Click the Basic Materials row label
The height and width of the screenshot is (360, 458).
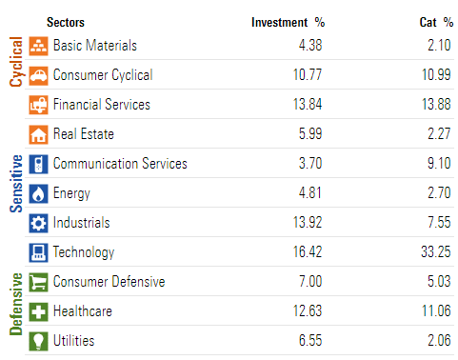pos(95,45)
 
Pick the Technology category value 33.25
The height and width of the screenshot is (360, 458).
pos(433,252)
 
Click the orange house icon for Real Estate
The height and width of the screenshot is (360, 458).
pos(39,134)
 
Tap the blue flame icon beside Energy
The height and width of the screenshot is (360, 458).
pos(39,193)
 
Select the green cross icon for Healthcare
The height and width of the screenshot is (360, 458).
pos(39,311)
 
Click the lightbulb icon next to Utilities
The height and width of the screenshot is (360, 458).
pos(39,341)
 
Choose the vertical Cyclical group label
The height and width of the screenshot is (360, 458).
pos(15,62)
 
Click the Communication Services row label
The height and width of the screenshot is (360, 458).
pos(120,164)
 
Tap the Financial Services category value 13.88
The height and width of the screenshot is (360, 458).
pos(433,105)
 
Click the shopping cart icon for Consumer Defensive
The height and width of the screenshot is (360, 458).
pos(39,282)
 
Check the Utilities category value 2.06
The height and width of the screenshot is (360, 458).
pos(436,341)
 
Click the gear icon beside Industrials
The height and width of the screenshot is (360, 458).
pos(39,223)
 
